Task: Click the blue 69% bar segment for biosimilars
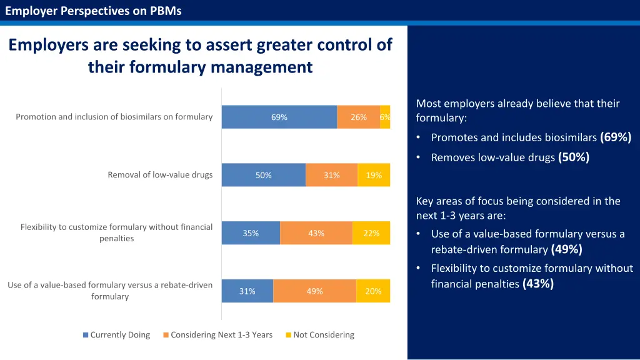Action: point(279,117)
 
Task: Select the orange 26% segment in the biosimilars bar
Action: point(358,117)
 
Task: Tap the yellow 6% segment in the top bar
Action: point(385,117)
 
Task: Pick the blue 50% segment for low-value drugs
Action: point(263,175)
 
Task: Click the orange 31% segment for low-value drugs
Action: point(331,175)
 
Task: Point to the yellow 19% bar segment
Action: point(374,175)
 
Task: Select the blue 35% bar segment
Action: point(251,233)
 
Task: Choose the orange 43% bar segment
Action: point(316,233)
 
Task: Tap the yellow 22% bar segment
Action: point(371,233)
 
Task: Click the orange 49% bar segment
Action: point(314,291)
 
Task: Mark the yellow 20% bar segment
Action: point(373,291)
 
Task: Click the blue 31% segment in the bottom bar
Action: point(247,291)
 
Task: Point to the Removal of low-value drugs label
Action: point(160,175)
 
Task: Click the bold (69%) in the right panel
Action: point(616,137)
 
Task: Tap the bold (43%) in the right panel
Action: point(538,284)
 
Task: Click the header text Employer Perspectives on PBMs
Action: point(93,11)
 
